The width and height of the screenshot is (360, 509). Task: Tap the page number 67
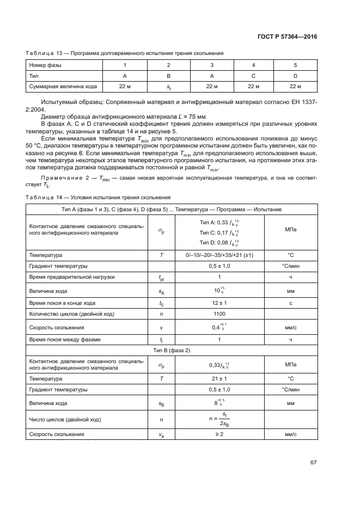(x=313, y=462)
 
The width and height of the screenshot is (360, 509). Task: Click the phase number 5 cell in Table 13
(x=295, y=65)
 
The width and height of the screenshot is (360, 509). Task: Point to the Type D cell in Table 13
(x=295, y=76)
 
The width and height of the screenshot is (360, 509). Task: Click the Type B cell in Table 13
(x=168, y=76)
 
